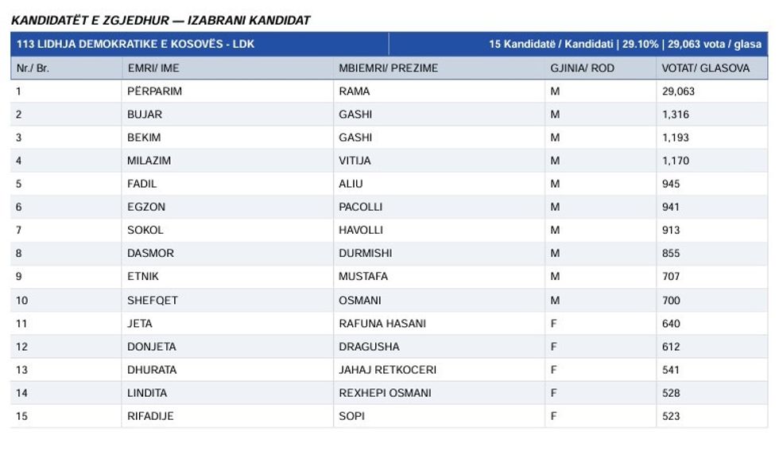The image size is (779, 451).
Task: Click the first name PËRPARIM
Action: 154,91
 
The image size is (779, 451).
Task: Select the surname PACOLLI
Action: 360,207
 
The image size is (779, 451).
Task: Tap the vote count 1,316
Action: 675,115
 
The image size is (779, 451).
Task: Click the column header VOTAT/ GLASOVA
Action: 705,68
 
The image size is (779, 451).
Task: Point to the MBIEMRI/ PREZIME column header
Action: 388,68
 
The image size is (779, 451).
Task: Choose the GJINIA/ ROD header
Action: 582,68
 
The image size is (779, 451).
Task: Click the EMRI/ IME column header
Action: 153,68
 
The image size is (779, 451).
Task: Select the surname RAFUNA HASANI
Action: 382,324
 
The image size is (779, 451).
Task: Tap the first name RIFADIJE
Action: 150,416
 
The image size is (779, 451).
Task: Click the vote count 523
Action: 671,416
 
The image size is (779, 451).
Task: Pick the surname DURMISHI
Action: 365,254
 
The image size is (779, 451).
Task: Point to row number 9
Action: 19,277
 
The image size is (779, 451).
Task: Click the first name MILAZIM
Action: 149,161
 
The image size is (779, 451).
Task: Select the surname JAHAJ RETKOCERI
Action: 387,370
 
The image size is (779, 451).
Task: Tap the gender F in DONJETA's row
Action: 554,347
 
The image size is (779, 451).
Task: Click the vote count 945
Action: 671,184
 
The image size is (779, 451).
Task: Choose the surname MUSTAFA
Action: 363,277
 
